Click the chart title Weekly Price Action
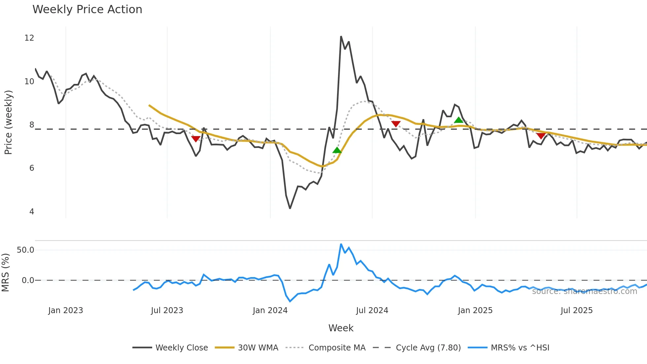click(87, 10)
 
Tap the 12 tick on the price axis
click(29, 38)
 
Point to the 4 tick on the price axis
click(32, 212)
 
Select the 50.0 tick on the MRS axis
click(25, 250)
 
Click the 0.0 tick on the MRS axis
click(28, 280)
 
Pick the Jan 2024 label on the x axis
click(270, 310)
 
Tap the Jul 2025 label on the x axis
click(576, 310)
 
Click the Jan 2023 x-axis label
click(65, 310)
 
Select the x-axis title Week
click(341, 328)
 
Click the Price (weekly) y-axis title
click(8, 122)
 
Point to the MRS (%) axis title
click(5, 273)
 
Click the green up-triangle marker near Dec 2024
click(459, 120)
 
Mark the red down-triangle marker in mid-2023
click(196, 139)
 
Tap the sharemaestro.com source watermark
click(584, 291)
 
